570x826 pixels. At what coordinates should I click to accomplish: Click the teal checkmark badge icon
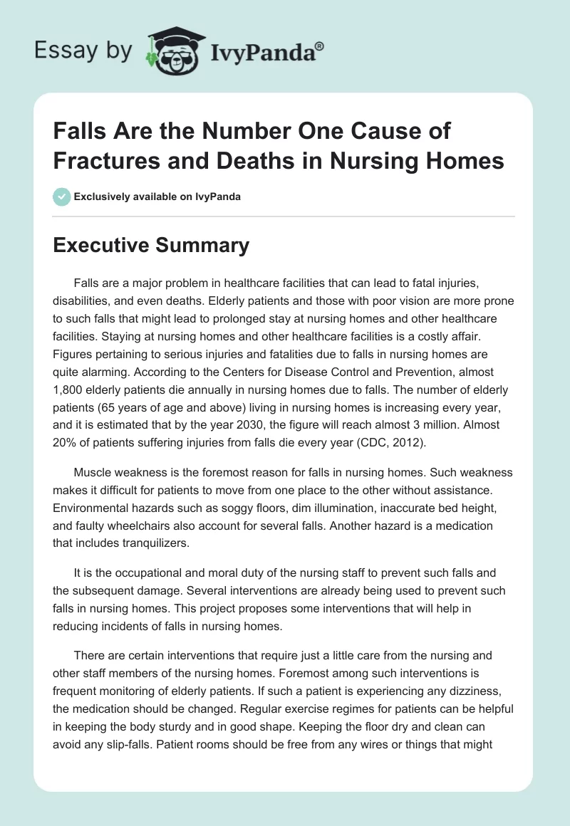coord(63,197)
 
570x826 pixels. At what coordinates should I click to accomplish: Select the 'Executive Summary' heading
coord(152,246)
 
